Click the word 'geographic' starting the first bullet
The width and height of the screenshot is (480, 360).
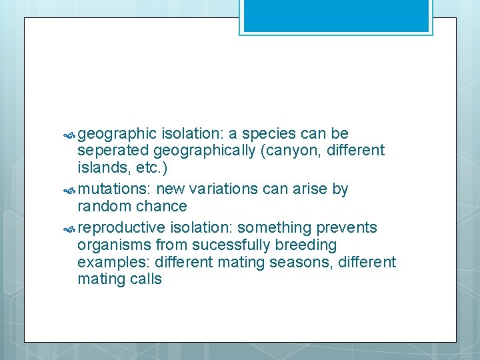pos(117,134)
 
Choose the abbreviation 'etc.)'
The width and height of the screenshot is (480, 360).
pos(143,167)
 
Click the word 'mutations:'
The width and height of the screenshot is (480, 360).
pos(114,189)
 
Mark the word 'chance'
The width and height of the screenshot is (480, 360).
pos(161,206)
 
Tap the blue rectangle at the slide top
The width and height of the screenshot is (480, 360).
pos(336,17)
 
